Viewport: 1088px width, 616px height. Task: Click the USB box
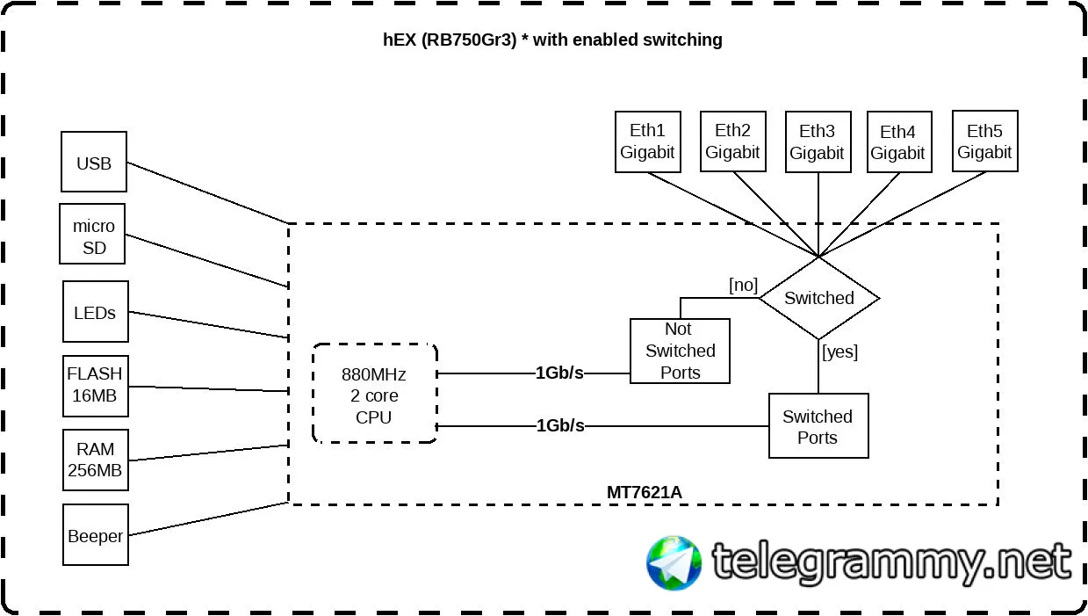tap(94, 163)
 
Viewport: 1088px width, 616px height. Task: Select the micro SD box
tap(93, 235)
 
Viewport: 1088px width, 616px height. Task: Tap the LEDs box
tap(96, 312)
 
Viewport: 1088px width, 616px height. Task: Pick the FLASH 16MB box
tap(95, 385)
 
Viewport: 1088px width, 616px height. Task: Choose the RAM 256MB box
tap(95, 460)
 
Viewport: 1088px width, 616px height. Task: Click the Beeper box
tap(96, 535)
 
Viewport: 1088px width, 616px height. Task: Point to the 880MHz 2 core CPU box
tap(374, 393)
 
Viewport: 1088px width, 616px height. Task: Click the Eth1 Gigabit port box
tap(647, 141)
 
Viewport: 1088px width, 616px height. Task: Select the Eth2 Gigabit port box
tap(732, 141)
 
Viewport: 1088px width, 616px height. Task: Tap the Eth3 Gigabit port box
tap(817, 141)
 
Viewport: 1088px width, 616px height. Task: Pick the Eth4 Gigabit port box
tap(897, 142)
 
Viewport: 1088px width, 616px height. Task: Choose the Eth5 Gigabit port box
tap(984, 141)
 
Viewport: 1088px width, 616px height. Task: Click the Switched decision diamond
tap(818, 298)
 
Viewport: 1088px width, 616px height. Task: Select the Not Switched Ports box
tap(680, 351)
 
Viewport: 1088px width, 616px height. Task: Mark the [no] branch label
tap(743, 285)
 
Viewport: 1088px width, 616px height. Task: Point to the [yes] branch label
tap(839, 352)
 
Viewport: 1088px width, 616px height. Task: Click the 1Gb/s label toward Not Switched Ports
tap(560, 373)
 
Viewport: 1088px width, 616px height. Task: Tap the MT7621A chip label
tap(644, 492)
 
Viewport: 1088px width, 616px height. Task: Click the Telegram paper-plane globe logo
tap(674, 563)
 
